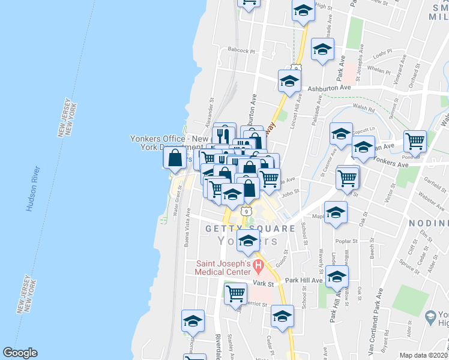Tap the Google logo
20,353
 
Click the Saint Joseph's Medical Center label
221,268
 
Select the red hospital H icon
259,264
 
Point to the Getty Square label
250,229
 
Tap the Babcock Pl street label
241,51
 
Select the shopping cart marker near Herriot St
235,293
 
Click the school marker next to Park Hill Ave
337,277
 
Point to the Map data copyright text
423,355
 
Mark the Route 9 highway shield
246,211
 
